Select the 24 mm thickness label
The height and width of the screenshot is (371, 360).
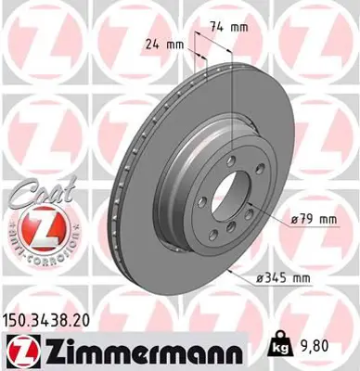pos(164,43)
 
